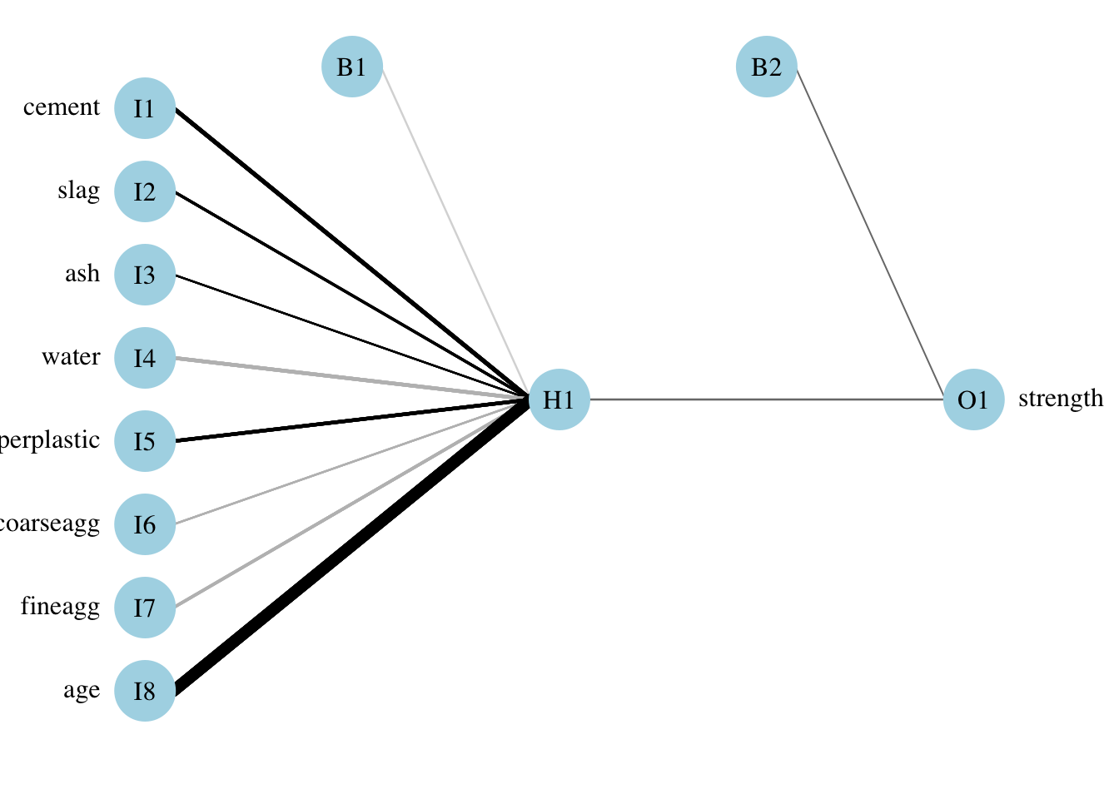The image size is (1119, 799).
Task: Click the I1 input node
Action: [x=145, y=108]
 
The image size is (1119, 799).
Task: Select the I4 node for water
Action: [x=145, y=358]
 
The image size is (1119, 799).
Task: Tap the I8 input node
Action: [x=145, y=691]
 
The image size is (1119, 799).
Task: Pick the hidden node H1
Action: [x=559, y=399]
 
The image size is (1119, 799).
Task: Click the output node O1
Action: [x=973, y=399]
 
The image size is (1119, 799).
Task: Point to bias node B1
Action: [x=352, y=67]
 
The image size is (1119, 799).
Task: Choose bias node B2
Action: [x=767, y=67]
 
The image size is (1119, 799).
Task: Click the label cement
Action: [x=62, y=107]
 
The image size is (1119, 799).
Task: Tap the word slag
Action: [x=79, y=191]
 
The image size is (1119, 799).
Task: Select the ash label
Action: [x=82, y=274]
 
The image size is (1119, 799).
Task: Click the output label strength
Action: [x=1060, y=399]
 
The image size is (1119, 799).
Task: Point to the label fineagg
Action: [x=60, y=607]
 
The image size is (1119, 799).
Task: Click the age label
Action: [x=82, y=691]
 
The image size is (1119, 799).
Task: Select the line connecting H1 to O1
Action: [x=766, y=399]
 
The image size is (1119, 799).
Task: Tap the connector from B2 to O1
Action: [x=870, y=233]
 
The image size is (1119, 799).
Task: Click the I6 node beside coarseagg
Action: [x=145, y=524]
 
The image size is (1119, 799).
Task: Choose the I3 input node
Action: [x=145, y=275]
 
